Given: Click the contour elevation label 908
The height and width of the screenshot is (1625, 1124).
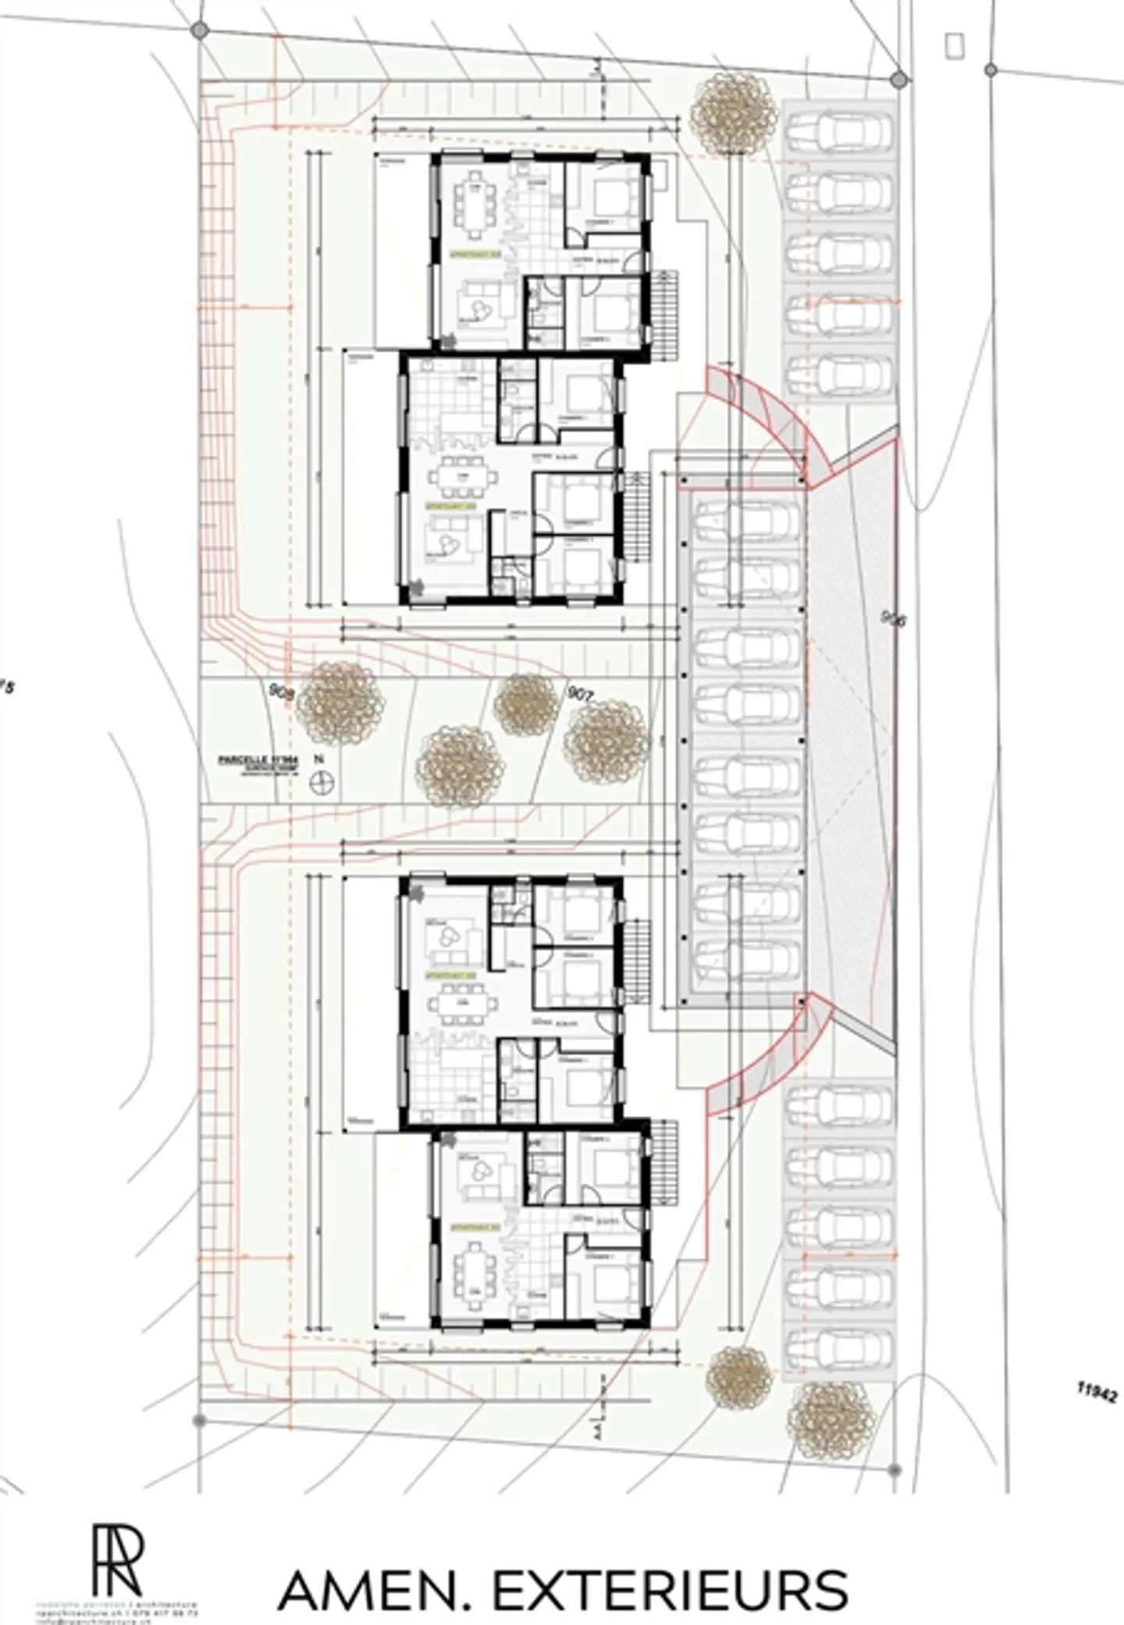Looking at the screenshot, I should [x=280, y=692].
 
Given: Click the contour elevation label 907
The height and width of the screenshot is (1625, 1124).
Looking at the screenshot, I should [x=582, y=692].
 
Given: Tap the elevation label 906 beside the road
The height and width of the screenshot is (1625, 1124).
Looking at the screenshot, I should [x=893, y=620].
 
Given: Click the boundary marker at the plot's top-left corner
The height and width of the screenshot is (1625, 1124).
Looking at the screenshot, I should [x=200, y=30].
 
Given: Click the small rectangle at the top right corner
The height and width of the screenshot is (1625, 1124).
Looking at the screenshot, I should [x=954, y=46].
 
